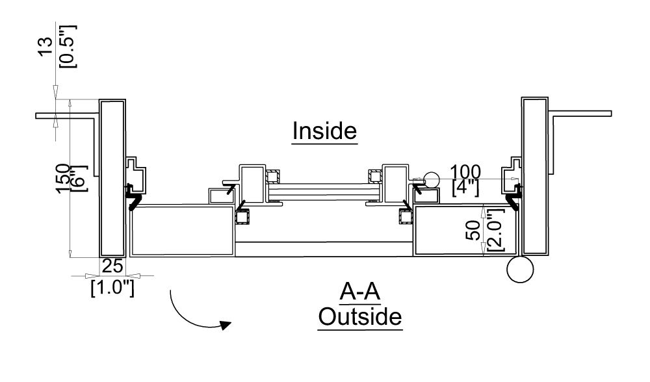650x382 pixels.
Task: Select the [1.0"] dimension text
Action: pyautogui.click(x=112, y=286)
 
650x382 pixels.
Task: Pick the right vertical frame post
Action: pyautogui.click(x=534, y=175)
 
